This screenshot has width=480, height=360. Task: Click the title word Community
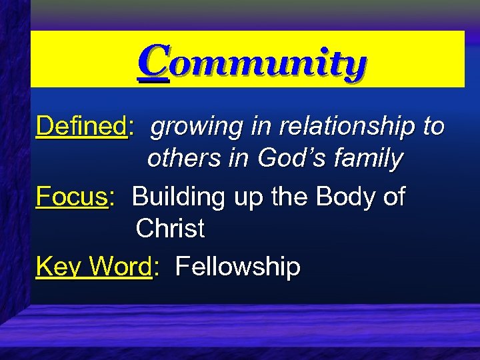click(253, 65)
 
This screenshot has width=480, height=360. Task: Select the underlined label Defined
click(81, 125)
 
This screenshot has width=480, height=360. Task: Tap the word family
click(370, 159)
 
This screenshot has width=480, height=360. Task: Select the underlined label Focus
click(72, 197)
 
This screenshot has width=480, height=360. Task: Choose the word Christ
click(169, 229)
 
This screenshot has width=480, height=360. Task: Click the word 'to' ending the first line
click(433, 125)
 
